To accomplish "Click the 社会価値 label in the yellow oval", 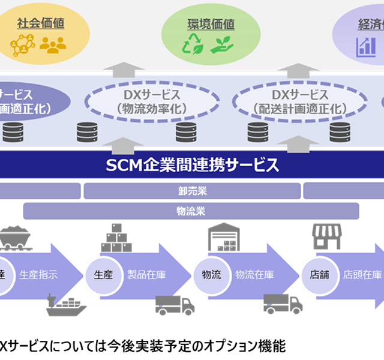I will click(x=40, y=24).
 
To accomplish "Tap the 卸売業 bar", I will click(x=192, y=191).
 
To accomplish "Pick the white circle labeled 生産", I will click(x=103, y=275).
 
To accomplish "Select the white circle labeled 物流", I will click(x=211, y=275).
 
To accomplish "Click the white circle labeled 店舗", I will click(x=319, y=275).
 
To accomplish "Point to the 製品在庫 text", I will click(x=147, y=275).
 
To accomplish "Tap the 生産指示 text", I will click(x=39, y=275).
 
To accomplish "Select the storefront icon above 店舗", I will click(x=326, y=236).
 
